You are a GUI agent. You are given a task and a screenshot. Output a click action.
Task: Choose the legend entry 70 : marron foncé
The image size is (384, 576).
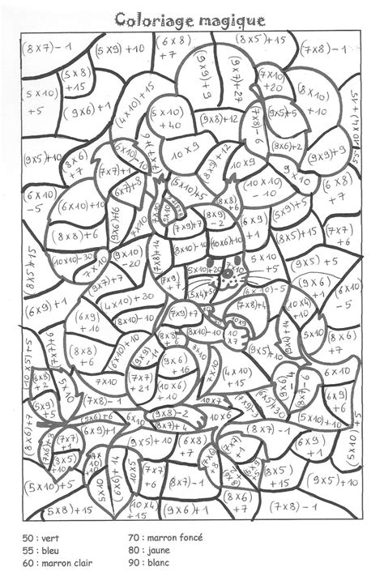pos(166,536)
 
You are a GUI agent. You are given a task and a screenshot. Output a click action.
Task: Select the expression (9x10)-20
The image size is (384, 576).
pos(127,259)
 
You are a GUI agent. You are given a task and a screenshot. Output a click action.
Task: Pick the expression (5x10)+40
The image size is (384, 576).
pos(169,119)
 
